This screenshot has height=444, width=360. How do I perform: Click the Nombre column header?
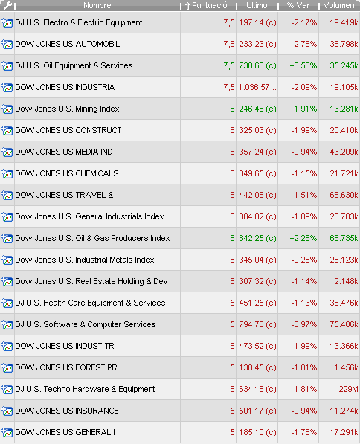tap(97, 5)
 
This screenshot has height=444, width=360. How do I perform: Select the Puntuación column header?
tap(208, 6)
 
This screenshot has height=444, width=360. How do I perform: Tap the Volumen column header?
tap(338, 5)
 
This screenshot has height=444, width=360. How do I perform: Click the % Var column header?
tap(298, 5)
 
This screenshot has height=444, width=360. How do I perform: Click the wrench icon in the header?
tap(7, 5)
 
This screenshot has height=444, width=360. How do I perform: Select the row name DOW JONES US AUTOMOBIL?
tap(68, 44)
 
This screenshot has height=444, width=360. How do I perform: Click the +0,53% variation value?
tap(303, 65)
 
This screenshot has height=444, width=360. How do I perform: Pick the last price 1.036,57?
tap(257, 87)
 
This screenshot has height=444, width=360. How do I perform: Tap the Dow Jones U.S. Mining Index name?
tap(67, 109)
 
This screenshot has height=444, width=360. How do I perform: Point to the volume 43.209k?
tap(344, 152)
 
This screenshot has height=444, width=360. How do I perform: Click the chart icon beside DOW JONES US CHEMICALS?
tap(7, 173)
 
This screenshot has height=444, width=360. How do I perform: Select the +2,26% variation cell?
tap(303, 238)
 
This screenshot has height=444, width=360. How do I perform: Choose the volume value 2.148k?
tap(346, 281)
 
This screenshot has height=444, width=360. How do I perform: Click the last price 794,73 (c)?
tap(257, 324)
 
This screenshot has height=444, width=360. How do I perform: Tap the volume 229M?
tap(348, 390)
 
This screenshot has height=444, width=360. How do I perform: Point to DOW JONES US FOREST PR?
tap(66, 367)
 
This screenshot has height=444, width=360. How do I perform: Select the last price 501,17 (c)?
tap(257, 411)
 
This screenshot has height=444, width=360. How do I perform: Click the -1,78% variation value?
tap(304, 432)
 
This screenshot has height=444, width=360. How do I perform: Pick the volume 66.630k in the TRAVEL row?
tap(344, 195)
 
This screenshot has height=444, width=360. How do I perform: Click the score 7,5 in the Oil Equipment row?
tap(229, 65)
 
